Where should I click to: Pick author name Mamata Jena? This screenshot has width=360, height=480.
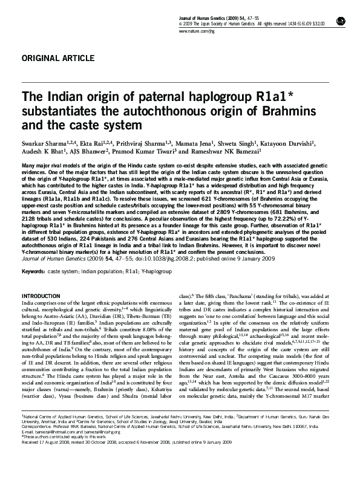tap(208, 143)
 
